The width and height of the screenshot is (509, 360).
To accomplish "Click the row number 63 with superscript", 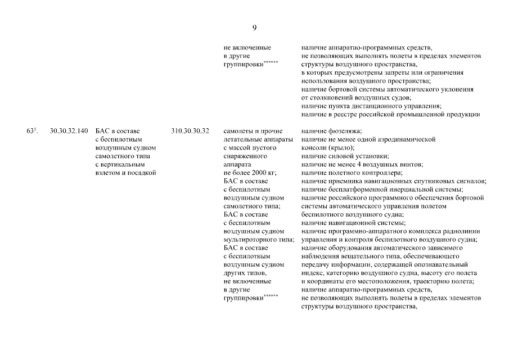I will [31, 131].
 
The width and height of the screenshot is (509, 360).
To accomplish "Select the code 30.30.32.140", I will [69, 131].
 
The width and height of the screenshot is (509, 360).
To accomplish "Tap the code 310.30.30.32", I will [190, 131].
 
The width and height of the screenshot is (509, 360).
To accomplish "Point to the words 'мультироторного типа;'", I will [259, 240].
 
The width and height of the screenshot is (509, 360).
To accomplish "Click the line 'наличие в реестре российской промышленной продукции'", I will [390, 115].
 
